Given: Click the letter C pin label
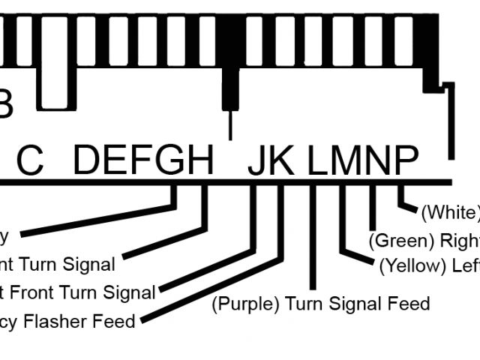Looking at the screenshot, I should [x=30, y=160].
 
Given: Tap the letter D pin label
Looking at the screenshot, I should [x=88, y=160].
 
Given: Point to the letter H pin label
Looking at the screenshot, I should [x=199, y=160].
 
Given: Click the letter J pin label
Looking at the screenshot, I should [x=257, y=160].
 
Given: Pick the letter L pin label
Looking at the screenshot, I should [x=318, y=160].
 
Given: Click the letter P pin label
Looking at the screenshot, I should [x=404, y=160].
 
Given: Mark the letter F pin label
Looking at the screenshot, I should [x=142, y=160].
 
